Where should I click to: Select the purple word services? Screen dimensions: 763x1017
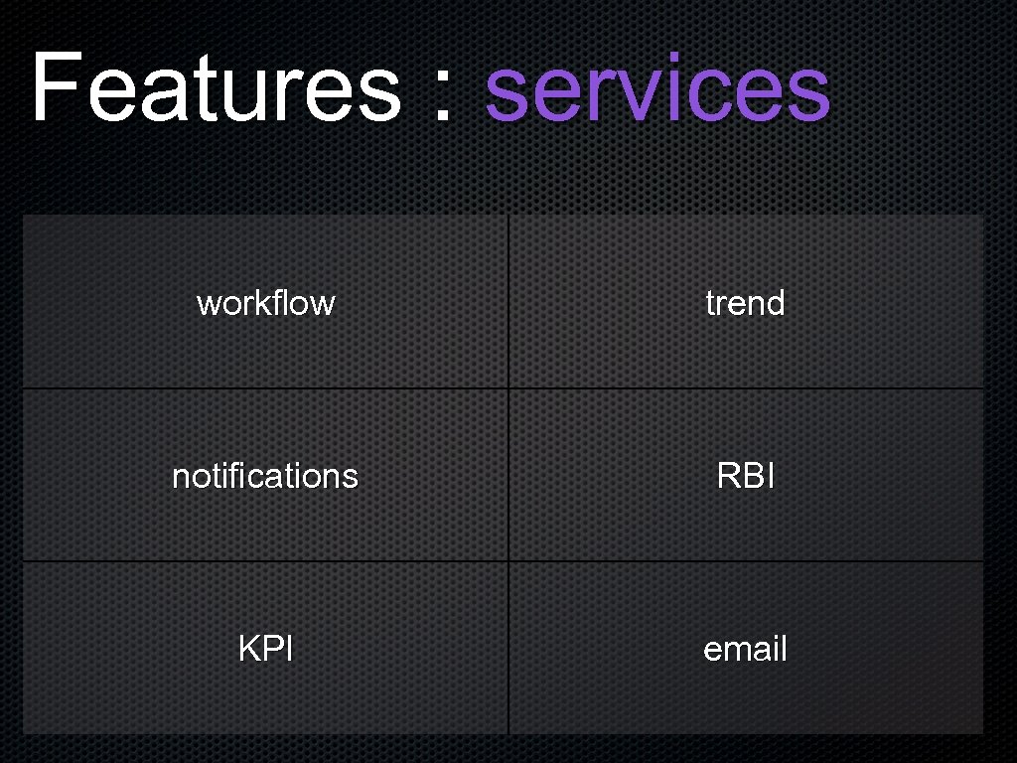[656, 89]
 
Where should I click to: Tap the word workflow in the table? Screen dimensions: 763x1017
[265, 302]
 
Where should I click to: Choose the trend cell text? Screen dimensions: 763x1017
[745, 302]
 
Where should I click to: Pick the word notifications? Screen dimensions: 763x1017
[265, 476]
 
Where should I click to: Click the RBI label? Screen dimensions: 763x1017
[745, 476]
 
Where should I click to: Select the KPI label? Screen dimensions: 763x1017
[265, 649]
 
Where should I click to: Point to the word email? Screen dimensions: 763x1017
[745, 649]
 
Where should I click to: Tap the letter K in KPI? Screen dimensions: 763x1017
[248, 649]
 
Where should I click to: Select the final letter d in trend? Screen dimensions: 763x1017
[776, 302]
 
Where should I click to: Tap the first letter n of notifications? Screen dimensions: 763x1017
[181, 478]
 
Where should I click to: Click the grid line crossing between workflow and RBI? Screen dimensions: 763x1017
[508, 387]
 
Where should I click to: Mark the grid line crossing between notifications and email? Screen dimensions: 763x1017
[508, 561]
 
